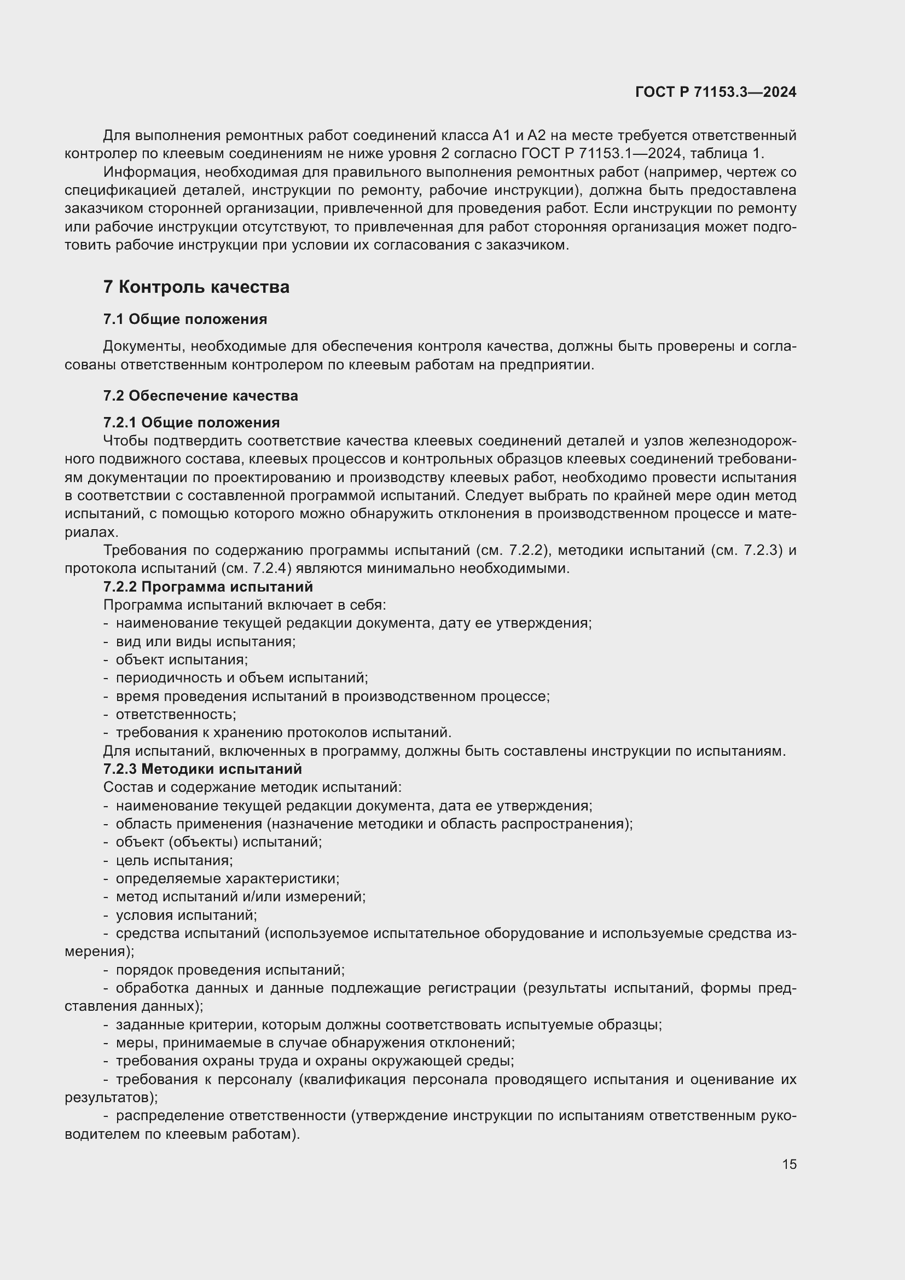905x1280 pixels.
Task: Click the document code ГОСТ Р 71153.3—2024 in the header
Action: (716, 92)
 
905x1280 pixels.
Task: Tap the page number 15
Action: (789, 1164)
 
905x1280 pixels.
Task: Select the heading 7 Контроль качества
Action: (196, 287)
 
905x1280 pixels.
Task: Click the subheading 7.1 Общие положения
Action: (185, 320)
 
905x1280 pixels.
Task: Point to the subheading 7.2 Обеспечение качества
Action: (201, 396)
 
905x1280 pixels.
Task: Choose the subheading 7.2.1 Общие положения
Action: (192, 422)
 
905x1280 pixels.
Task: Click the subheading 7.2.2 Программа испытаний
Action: (208, 587)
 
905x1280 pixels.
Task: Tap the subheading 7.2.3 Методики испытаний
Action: (203, 769)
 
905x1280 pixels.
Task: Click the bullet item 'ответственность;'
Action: (176, 714)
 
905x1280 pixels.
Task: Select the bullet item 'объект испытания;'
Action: (182, 659)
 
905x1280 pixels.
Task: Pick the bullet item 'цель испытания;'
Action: (174, 860)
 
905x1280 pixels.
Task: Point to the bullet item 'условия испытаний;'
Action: (186, 915)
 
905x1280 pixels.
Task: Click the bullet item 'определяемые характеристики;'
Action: (228, 879)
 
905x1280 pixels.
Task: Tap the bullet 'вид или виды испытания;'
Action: (205, 641)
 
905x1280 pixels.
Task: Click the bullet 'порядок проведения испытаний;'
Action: (230, 970)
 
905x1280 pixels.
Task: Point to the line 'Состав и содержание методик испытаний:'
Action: (252, 787)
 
